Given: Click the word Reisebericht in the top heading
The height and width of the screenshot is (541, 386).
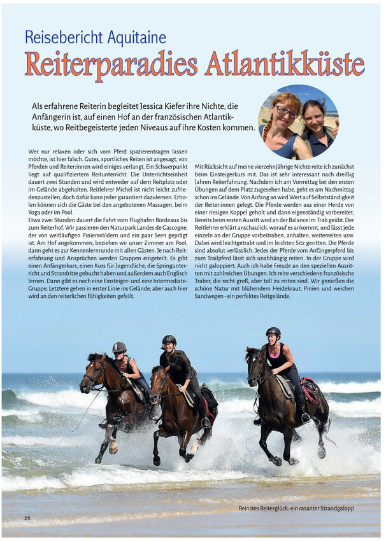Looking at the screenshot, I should point(59,37).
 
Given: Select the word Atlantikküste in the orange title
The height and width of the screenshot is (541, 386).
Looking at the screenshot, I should point(285,64).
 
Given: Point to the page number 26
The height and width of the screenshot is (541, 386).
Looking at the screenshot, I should point(27,517).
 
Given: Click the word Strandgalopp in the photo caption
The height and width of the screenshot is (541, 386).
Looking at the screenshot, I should point(333,509).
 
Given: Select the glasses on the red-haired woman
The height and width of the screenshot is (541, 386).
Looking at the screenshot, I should point(285,113).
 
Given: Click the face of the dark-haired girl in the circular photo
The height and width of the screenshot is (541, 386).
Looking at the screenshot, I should point(314,117).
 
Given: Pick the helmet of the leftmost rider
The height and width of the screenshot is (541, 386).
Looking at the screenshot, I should point(119,347).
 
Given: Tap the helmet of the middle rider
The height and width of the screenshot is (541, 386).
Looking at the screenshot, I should point(169,340).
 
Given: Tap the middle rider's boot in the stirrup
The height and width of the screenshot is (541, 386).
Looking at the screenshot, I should point(206,421).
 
